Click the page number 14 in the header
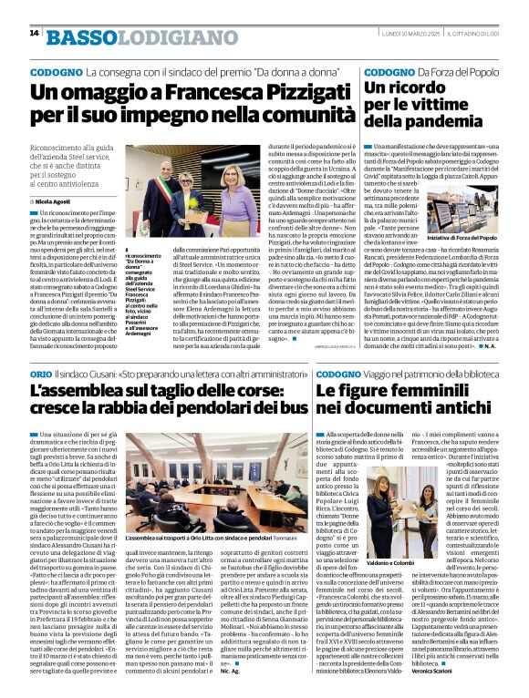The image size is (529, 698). [33, 33]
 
